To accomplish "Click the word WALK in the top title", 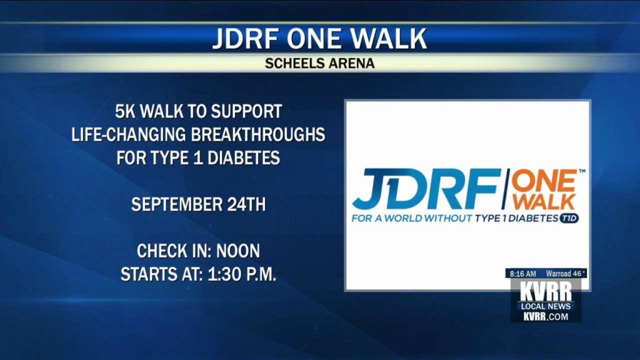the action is [x=389, y=39].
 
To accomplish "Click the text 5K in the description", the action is [x=125, y=111].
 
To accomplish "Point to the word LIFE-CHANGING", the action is [x=129, y=135].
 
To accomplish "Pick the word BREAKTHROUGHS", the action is [x=258, y=135].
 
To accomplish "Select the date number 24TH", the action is [x=246, y=204].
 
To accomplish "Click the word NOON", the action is [x=238, y=251].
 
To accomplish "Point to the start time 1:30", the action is [x=222, y=274].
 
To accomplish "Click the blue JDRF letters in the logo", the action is [x=426, y=189].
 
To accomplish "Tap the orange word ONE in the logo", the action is [x=544, y=181].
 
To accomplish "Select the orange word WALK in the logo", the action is [x=544, y=202].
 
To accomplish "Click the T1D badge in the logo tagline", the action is [x=569, y=218].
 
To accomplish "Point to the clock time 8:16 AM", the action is [x=523, y=274].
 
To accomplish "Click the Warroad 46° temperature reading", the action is [x=566, y=274].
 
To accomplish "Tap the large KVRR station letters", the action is [x=546, y=292].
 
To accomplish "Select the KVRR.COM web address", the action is [x=546, y=316].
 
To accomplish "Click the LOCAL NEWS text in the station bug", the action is [x=546, y=306].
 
